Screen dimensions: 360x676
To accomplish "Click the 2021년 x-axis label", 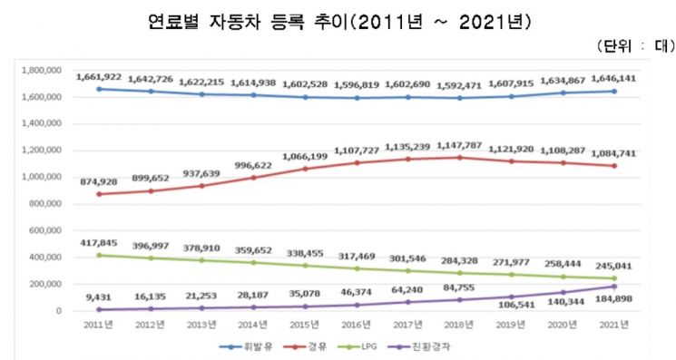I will click(x=588, y=326).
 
